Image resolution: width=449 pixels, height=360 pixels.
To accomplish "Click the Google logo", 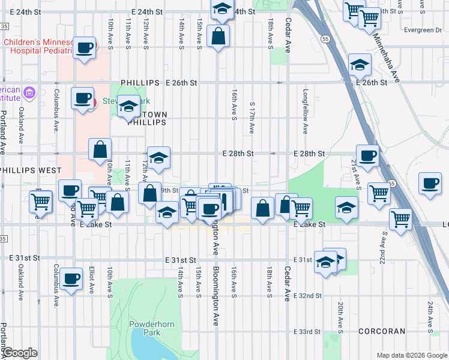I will pyautogui.click(x=20, y=353).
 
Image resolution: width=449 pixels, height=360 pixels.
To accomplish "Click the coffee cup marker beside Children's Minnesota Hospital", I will pyautogui.click(x=83, y=48).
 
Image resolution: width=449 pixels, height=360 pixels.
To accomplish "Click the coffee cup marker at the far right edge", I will pyautogui.click(x=430, y=185).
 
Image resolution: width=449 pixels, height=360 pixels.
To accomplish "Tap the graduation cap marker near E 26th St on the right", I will pyautogui.click(x=360, y=66).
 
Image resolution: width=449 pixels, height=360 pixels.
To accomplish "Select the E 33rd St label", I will pyautogui.click(x=309, y=332).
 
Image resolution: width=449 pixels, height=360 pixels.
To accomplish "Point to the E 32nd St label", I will pyautogui.click(x=308, y=296).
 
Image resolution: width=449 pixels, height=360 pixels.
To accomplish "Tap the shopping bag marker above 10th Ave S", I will pyautogui.click(x=100, y=151).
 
